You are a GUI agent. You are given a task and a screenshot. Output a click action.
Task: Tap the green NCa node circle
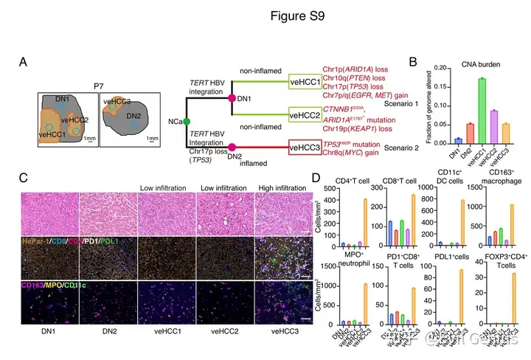coord(187,120)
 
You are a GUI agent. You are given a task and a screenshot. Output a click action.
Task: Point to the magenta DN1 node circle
coord(232,98)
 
